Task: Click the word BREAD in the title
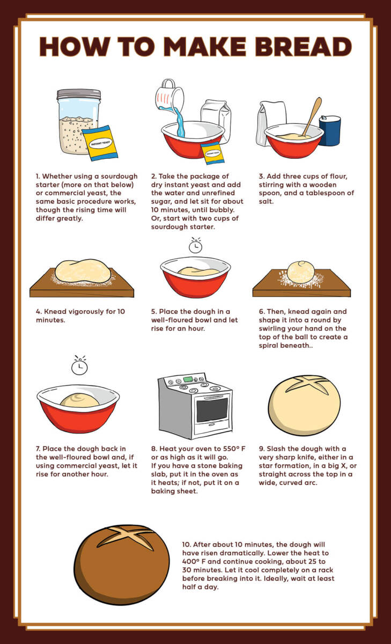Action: pyautogui.click(x=303, y=47)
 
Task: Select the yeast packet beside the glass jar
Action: pyautogui.click(x=100, y=143)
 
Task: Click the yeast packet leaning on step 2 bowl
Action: pyautogui.click(x=212, y=153)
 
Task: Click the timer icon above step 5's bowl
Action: pyautogui.click(x=195, y=246)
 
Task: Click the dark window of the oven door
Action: pyautogui.click(x=212, y=410)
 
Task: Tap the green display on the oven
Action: pyautogui.click(x=187, y=380)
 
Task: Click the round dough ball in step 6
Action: pyautogui.click(x=301, y=272)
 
